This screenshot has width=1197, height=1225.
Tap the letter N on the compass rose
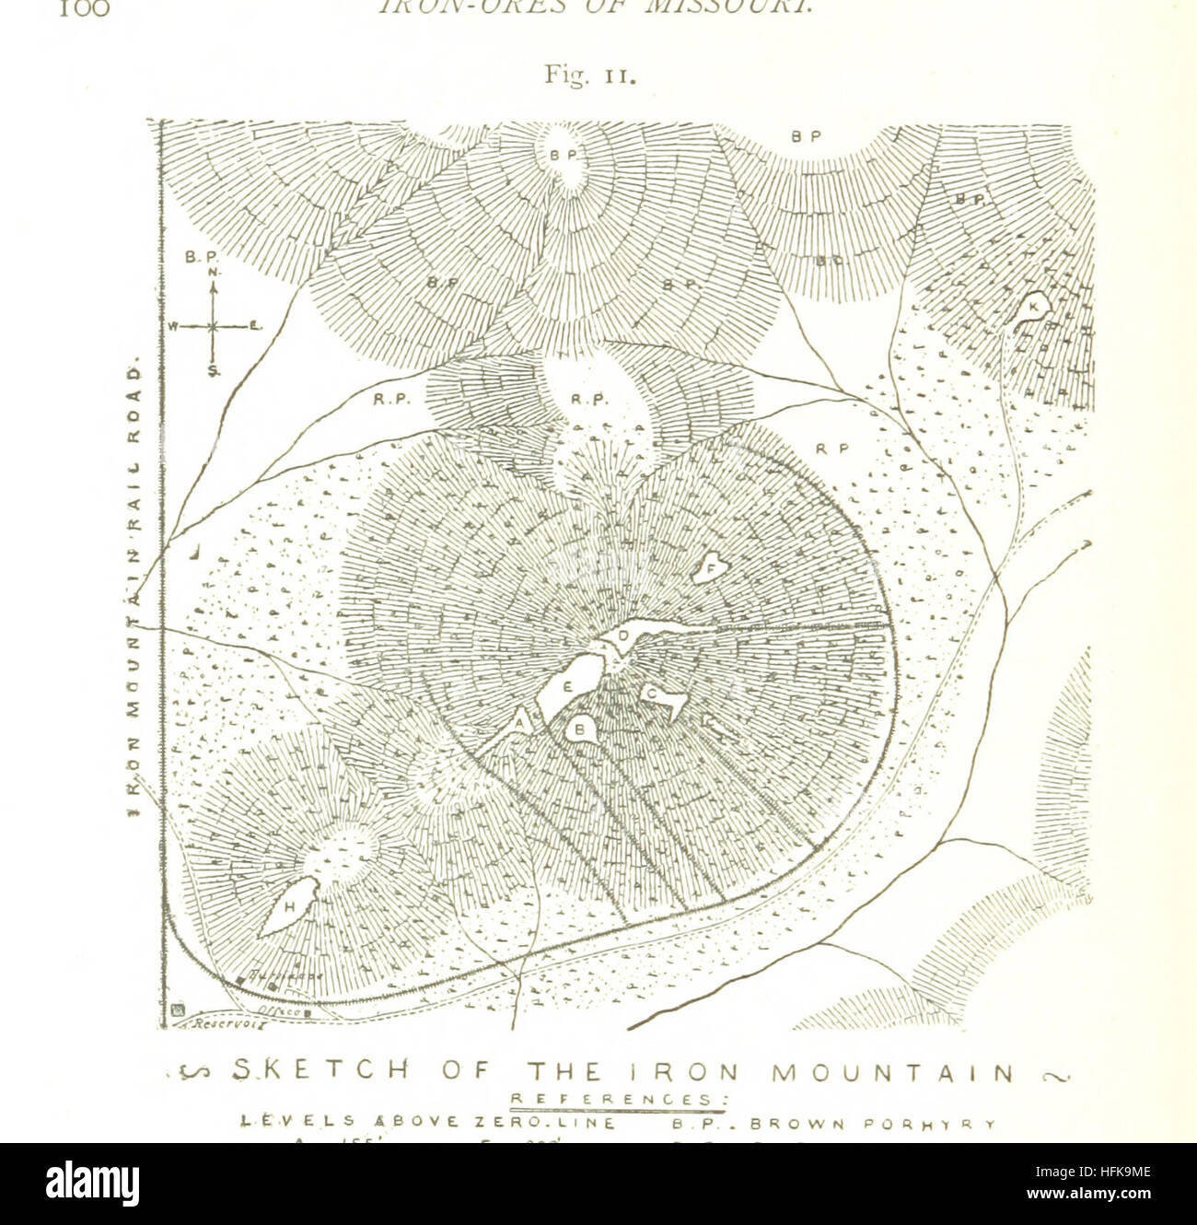[x=213, y=273]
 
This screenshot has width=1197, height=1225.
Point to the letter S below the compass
[x=213, y=371]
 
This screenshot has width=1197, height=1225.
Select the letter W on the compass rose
[x=172, y=326]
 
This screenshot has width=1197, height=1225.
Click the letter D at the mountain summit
[x=622, y=636]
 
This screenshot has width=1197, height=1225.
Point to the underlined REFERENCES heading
[x=618, y=1098]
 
